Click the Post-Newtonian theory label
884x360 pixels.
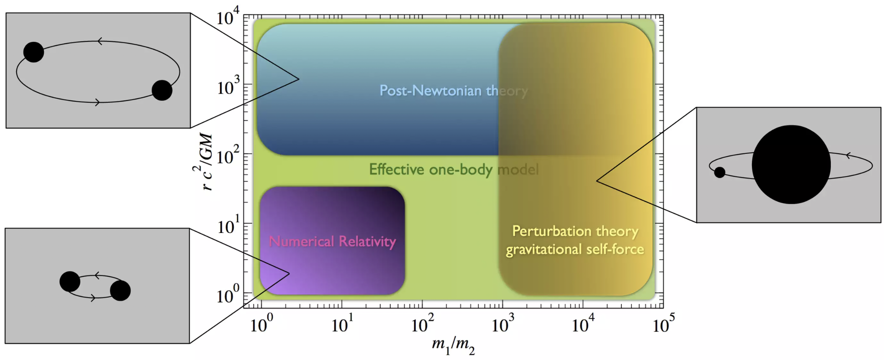pyautogui.click(x=453, y=91)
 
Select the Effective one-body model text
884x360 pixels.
pyautogui.click(x=453, y=169)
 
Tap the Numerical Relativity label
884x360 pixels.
pyautogui.click(x=332, y=241)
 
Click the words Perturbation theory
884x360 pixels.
pyautogui.click(x=575, y=231)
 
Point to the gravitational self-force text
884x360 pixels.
pyautogui.click(x=575, y=249)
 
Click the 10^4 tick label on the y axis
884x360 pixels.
pyautogui.click(x=228, y=17)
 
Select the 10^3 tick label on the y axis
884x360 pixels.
pyautogui.click(x=228, y=87)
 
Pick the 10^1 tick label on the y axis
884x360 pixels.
pyautogui.click(x=228, y=226)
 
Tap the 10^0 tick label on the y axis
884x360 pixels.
pyautogui.click(x=228, y=295)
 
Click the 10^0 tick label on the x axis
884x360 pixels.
pyautogui.click(x=262, y=325)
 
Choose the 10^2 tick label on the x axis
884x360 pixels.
pyautogui.click(x=422, y=325)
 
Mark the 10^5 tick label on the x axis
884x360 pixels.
pyautogui.click(x=664, y=325)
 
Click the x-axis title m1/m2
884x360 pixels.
pyautogui.click(x=453, y=345)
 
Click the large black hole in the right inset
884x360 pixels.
pyautogui.click(x=791, y=165)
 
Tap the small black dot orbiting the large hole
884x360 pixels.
pyautogui.click(x=719, y=172)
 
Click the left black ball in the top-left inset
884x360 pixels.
pyautogui.click(x=34, y=52)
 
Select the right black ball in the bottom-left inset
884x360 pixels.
pyautogui.click(x=120, y=290)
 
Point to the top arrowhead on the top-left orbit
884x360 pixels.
pyautogui.click(x=100, y=41)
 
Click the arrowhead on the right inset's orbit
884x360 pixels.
pyautogui.click(x=848, y=155)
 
